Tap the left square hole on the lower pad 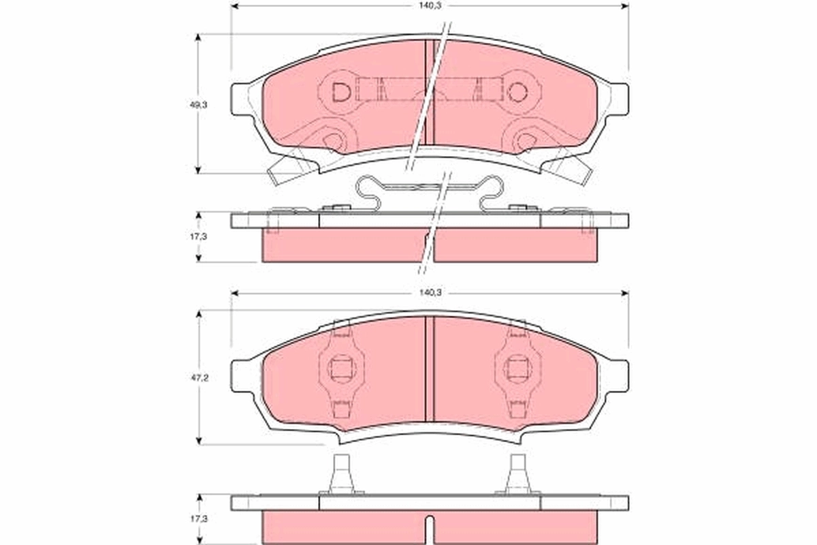coord(341,369)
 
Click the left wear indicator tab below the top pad coord(288,168)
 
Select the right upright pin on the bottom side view coord(518,474)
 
